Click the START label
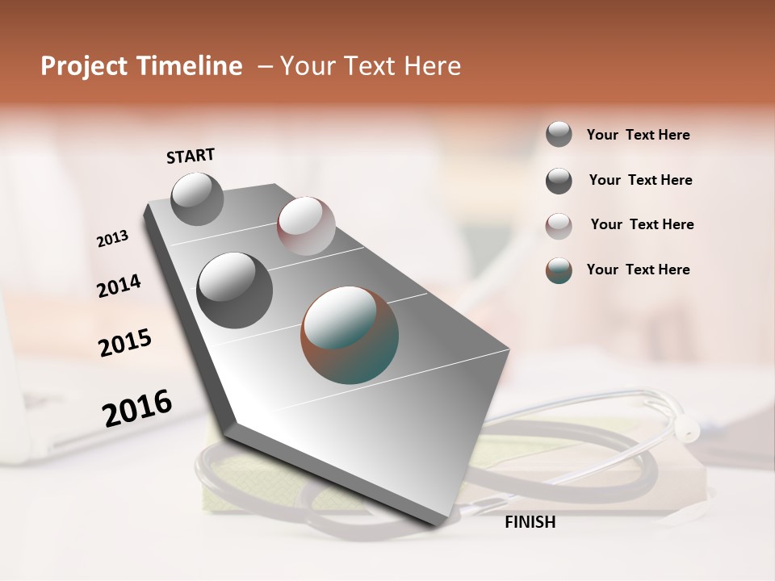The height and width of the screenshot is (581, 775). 191,155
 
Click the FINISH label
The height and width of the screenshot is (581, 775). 530,522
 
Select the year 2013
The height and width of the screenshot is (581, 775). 113,239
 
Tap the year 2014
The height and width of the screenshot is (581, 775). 119,286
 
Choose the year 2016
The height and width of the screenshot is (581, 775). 137,408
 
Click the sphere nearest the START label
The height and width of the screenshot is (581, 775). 198,199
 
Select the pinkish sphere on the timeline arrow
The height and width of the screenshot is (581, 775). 306,225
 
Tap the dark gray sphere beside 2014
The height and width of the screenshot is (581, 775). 235,290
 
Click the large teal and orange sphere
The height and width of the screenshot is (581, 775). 350,335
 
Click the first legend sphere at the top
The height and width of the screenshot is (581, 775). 559,134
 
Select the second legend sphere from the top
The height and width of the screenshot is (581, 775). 559,181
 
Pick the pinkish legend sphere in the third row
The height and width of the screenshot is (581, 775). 559,226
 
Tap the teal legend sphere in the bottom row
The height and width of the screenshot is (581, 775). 559,270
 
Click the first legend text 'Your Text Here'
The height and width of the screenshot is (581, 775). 638,136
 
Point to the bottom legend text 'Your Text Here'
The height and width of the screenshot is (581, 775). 638,270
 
